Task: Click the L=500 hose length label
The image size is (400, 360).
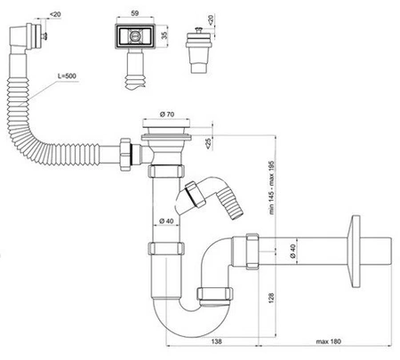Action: (67, 76)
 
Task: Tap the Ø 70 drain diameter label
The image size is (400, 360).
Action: (167, 114)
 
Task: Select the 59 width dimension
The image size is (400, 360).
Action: (135, 13)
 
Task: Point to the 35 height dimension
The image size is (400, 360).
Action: (164, 35)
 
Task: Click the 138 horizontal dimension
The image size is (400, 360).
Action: (216, 341)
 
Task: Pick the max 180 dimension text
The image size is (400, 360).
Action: (328, 341)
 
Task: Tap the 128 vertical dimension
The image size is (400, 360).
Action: (271, 298)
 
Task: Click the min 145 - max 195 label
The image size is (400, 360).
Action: (272, 188)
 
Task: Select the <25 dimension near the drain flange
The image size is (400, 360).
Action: (209, 143)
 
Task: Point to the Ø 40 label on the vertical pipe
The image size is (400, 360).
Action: (166, 220)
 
